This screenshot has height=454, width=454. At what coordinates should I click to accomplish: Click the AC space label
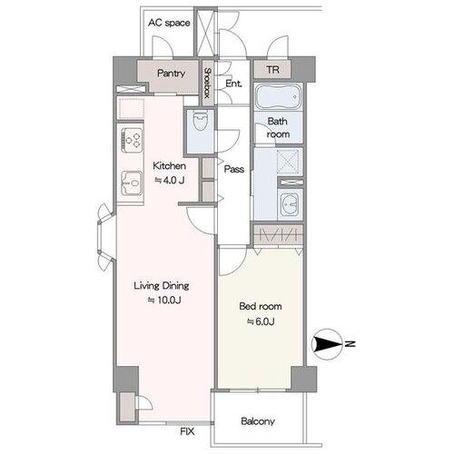click(x=169, y=23)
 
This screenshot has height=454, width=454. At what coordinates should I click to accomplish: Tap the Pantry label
click(x=171, y=74)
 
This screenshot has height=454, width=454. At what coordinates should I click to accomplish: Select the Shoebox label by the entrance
click(x=207, y=83)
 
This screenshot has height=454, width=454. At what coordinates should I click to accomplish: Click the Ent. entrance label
click(x=233, y=84)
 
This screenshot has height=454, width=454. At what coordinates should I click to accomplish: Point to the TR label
click(x=272, y=70)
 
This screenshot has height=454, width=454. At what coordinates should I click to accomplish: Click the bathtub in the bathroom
click(x=279, y=96)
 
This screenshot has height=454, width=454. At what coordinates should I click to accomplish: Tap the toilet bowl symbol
click(x=200, y=121)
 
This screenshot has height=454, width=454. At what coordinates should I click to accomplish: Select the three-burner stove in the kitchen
click(x=133, y=140)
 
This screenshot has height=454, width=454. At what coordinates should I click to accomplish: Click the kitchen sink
click(x=132, y=183)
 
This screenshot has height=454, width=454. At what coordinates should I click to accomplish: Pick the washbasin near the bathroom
click(x=290, y=204)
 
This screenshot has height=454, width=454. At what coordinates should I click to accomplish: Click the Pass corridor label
click(x=234, y=169)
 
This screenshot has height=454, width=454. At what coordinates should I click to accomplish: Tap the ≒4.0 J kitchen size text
click(x=170, y=181)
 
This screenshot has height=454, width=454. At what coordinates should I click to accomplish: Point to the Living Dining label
click(x=162, y=286)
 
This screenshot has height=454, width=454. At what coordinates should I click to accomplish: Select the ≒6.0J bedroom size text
click(x=261, y=321)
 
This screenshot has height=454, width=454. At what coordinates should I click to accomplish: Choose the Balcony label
click(x=258, y=421)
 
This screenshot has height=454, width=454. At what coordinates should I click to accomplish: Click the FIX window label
click(x=187, y=431)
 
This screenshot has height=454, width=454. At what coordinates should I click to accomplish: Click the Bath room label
click(x=278, y=127)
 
